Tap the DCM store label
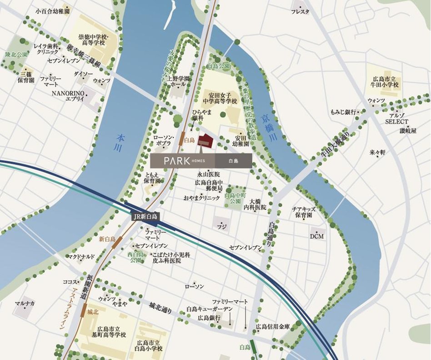click(317, 236)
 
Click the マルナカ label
click(25, 303)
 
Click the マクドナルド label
click(81, 257)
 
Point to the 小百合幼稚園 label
click(52, 10)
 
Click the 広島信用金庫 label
click(272, 326)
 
